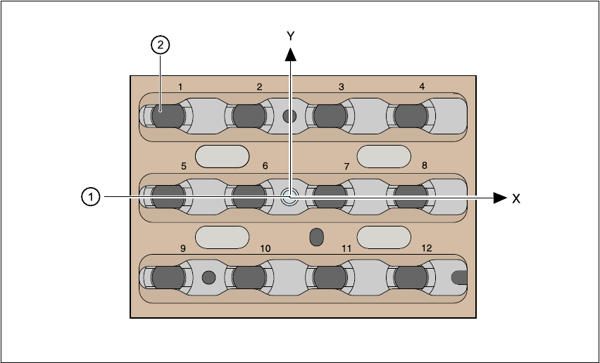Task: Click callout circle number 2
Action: click(x=161, y=46)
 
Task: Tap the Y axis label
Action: click(x=290, y=35)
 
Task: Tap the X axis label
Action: click(x=516, y=199)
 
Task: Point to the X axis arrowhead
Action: click(x=500, y=198)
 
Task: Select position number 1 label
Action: click(x=180, y=87)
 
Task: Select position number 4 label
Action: click(x=422, y=87)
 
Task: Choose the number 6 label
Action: click(x=265, y=166)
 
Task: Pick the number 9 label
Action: click(x=183, y=248)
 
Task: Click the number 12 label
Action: click(x=427, y=248)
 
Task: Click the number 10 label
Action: click(x=265, y=248)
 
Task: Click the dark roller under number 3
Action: click(x=328, y=115)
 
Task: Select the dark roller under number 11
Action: click(x=328, y=277)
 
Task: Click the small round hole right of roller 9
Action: click(x=208, y=277)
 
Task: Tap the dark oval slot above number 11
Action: click(x=317, y=236)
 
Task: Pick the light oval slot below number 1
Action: click(x=222, y=156)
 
